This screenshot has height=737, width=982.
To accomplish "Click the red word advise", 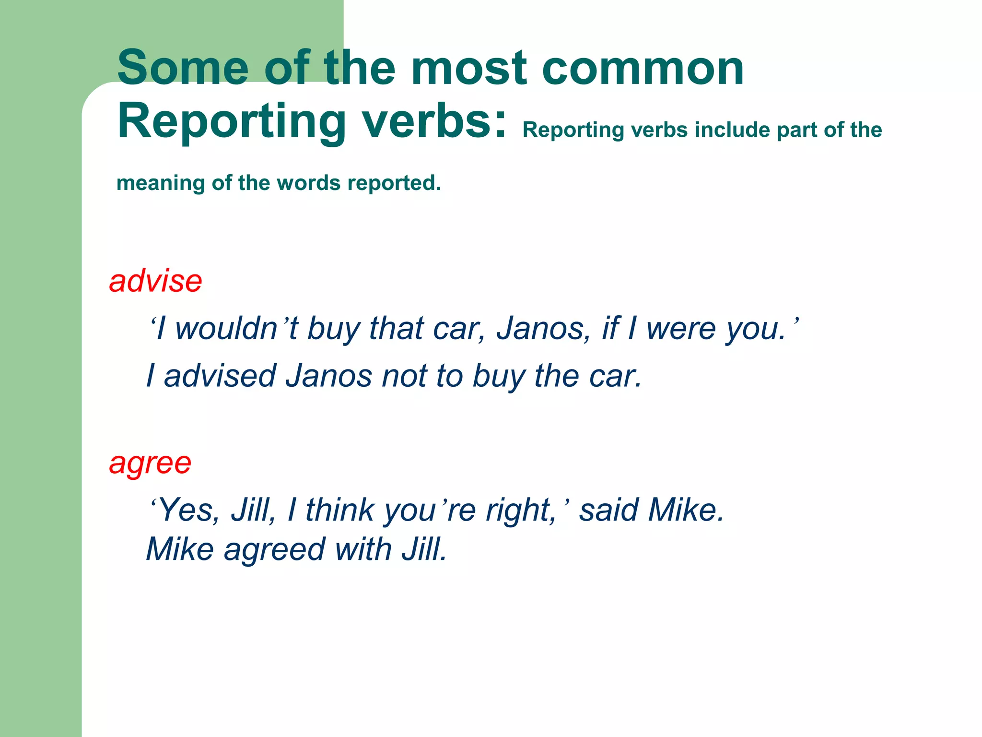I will (x=155, y=281).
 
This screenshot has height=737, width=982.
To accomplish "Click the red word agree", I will (x=150, y=464).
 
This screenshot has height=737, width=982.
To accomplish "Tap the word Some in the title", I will (x=183, y=68).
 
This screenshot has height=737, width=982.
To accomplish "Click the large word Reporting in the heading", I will (x=231, y=122).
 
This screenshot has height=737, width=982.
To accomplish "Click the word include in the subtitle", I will (x=732, y=130).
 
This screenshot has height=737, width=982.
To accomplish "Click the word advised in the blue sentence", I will (x=220, y=376).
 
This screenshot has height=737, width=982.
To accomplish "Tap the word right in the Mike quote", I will (x=520, y=510).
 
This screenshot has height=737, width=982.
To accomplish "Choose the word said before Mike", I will (x=608, y=510).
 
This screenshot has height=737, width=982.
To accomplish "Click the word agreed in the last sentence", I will (x=274, y=549).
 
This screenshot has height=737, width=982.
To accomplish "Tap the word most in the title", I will (x=468, y=68).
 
